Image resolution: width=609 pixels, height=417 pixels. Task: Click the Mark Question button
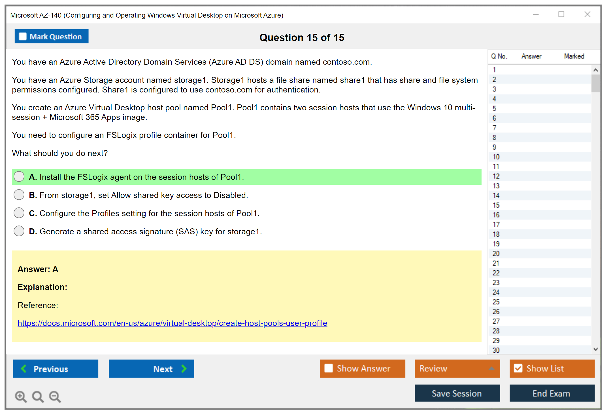pyautogui.click(x=52, y=36)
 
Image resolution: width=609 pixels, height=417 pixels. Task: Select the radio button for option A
pyautogui.click(x=19, y=176)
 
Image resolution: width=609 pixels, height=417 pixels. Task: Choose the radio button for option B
pyautogui.click(x=19, y=195)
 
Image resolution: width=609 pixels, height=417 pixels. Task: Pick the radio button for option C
pyautogui.click(x=19, y=213)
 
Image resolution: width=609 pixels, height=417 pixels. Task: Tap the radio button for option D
pyautogui.click(x=19, y=231)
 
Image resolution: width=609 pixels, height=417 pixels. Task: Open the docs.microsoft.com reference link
pyautogui.click(x=172, y=323)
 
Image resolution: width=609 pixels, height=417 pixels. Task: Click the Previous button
pyautogui.click(x=56, y=368)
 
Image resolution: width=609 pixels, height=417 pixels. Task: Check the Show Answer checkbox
pyautogui.click(x=329, y=368)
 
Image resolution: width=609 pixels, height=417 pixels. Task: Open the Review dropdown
pyautogui.click(x=457, y=368)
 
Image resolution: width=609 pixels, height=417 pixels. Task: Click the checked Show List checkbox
pyautogui.click(x=518, y=368)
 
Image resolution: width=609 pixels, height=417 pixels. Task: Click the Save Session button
pyautogui.click(x=457, y=393)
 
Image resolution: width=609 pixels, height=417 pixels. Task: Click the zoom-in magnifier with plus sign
pyautogui.click(x=21, y=397)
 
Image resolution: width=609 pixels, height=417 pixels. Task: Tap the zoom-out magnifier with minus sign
pyautogui.click(x=55, y=397)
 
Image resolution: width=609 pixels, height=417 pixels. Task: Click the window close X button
pyautogui.click(x=587, y=14)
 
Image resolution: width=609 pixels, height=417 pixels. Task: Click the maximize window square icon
pyautogui.click(x=561, y=14)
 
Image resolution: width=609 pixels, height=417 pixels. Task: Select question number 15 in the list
pyautogui.click(x=496, y=205)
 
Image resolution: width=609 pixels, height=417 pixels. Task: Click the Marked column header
pyautogui.click(x=574, y=56)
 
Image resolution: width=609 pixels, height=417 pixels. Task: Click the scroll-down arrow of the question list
pyautogui.click(x=595, y=349)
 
